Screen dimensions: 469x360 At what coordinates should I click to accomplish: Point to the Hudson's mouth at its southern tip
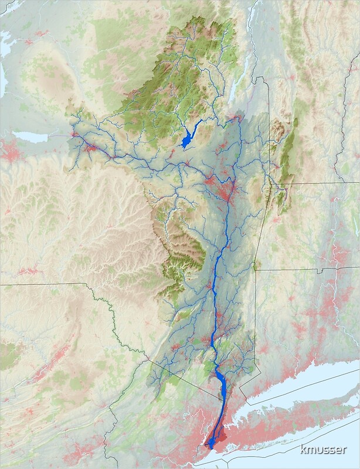click(x=209, y=447)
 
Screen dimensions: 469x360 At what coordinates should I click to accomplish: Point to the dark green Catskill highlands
click(x=182, y=252)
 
